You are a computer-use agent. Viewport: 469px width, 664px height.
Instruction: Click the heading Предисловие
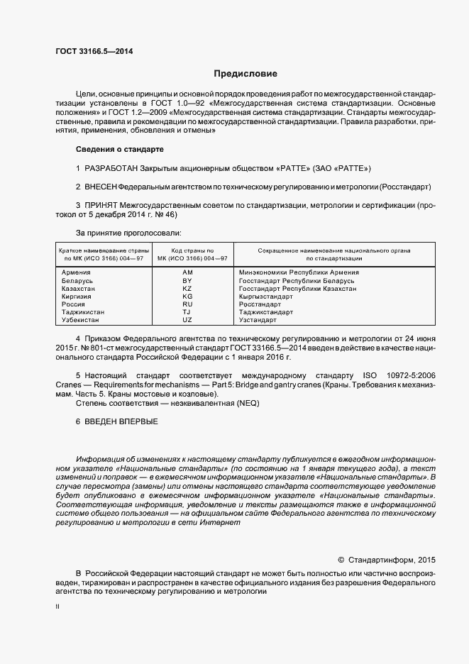[245, 74]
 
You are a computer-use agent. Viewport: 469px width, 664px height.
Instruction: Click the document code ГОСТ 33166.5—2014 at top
[94, 51]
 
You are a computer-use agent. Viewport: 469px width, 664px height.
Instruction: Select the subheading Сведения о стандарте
[119, 150]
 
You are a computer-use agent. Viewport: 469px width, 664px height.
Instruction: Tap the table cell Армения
[76, 272]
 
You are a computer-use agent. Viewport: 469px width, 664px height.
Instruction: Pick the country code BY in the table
[187, 281]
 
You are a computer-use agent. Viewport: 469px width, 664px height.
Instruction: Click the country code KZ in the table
[187, 289]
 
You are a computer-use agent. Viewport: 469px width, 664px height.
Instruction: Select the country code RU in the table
[187, 304]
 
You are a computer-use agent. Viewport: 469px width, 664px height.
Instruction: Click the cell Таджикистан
[83, 312]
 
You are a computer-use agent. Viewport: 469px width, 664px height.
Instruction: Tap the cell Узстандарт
[260, 320]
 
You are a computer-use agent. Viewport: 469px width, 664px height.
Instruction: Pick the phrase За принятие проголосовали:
[128, 233]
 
